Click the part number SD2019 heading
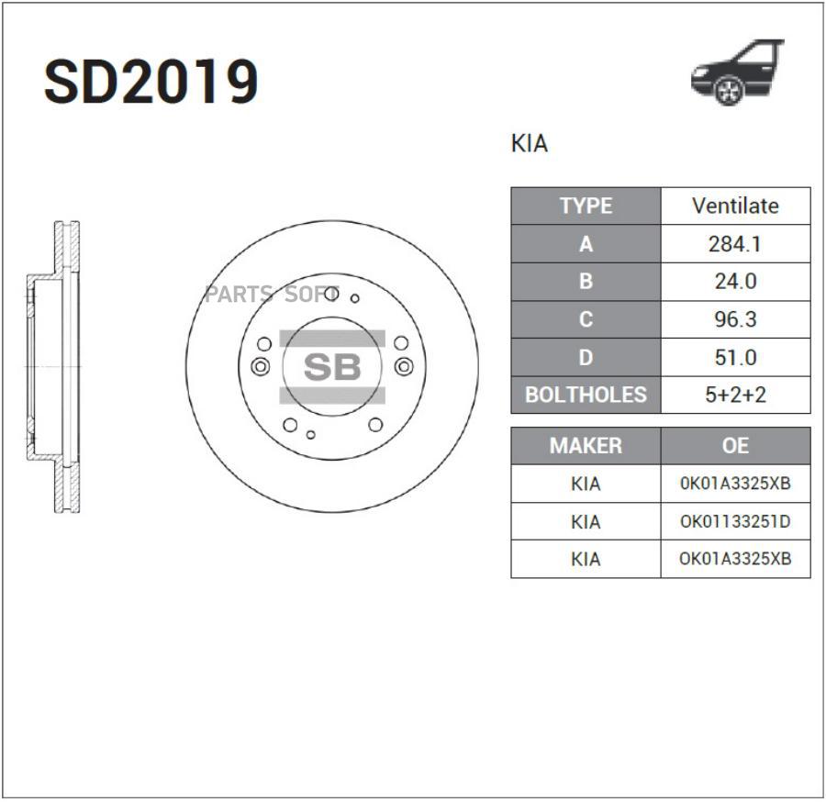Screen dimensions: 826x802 (151, 82)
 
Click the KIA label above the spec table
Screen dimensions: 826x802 (530, 143)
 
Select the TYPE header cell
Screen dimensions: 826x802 (586, 206)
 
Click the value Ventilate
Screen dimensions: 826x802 (735, 206)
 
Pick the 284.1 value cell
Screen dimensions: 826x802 (735, 244)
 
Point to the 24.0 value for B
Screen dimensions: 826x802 (735, 282)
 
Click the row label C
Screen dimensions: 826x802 (586, 319)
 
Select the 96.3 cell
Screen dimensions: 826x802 (735, 319)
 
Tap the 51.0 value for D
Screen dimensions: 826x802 (735, 358)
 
